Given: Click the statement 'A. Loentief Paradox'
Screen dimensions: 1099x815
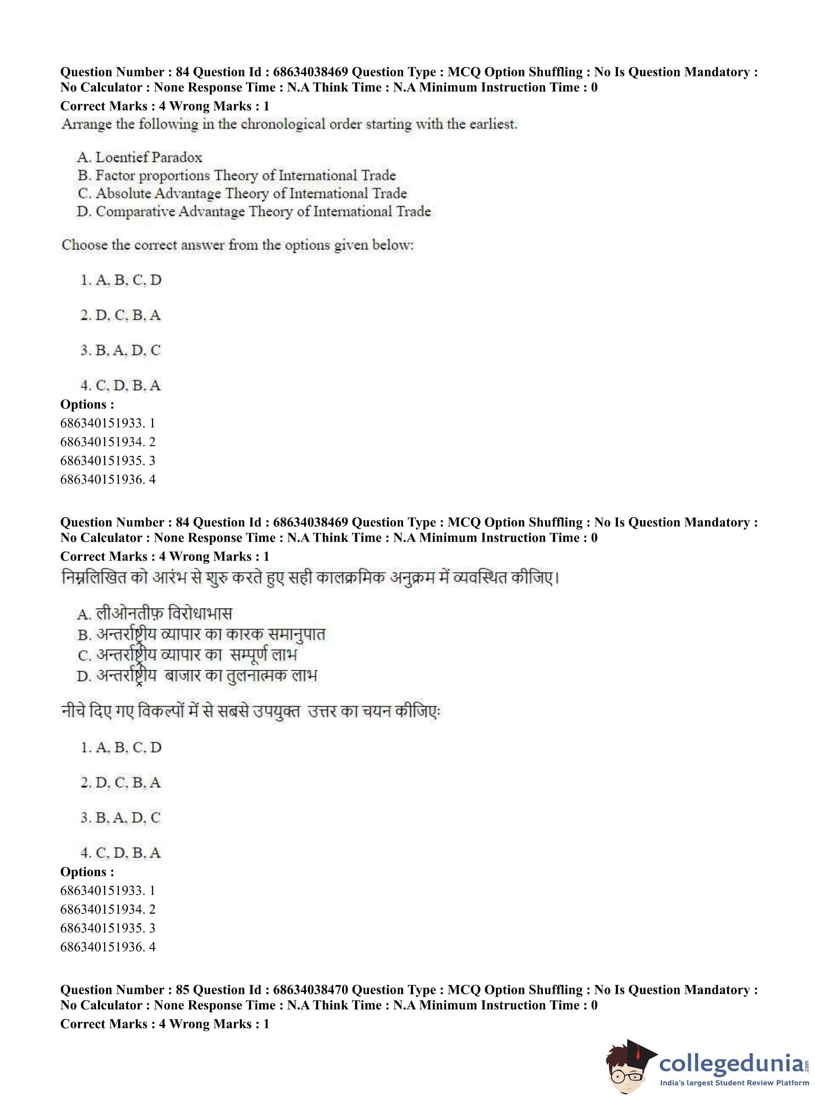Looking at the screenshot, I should point(140,158).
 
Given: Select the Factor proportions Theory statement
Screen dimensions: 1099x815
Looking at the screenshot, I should point(236,176).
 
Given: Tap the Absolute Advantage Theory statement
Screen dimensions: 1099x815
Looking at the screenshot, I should point(242,194).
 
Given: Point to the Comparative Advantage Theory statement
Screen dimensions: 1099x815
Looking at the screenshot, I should point(253,212).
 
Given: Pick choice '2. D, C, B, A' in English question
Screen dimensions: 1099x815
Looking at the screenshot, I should point(121,315).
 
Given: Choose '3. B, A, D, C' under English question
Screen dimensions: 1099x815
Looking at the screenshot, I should point(121,350).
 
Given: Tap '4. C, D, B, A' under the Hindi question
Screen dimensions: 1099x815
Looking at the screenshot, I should point(121,852).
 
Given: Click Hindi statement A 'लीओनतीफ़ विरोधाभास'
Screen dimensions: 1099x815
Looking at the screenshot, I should point(154,613).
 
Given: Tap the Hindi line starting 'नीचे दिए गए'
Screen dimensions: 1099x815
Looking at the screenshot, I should point(251,712).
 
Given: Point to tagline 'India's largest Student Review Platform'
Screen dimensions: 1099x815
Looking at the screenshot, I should point(731,1083).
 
